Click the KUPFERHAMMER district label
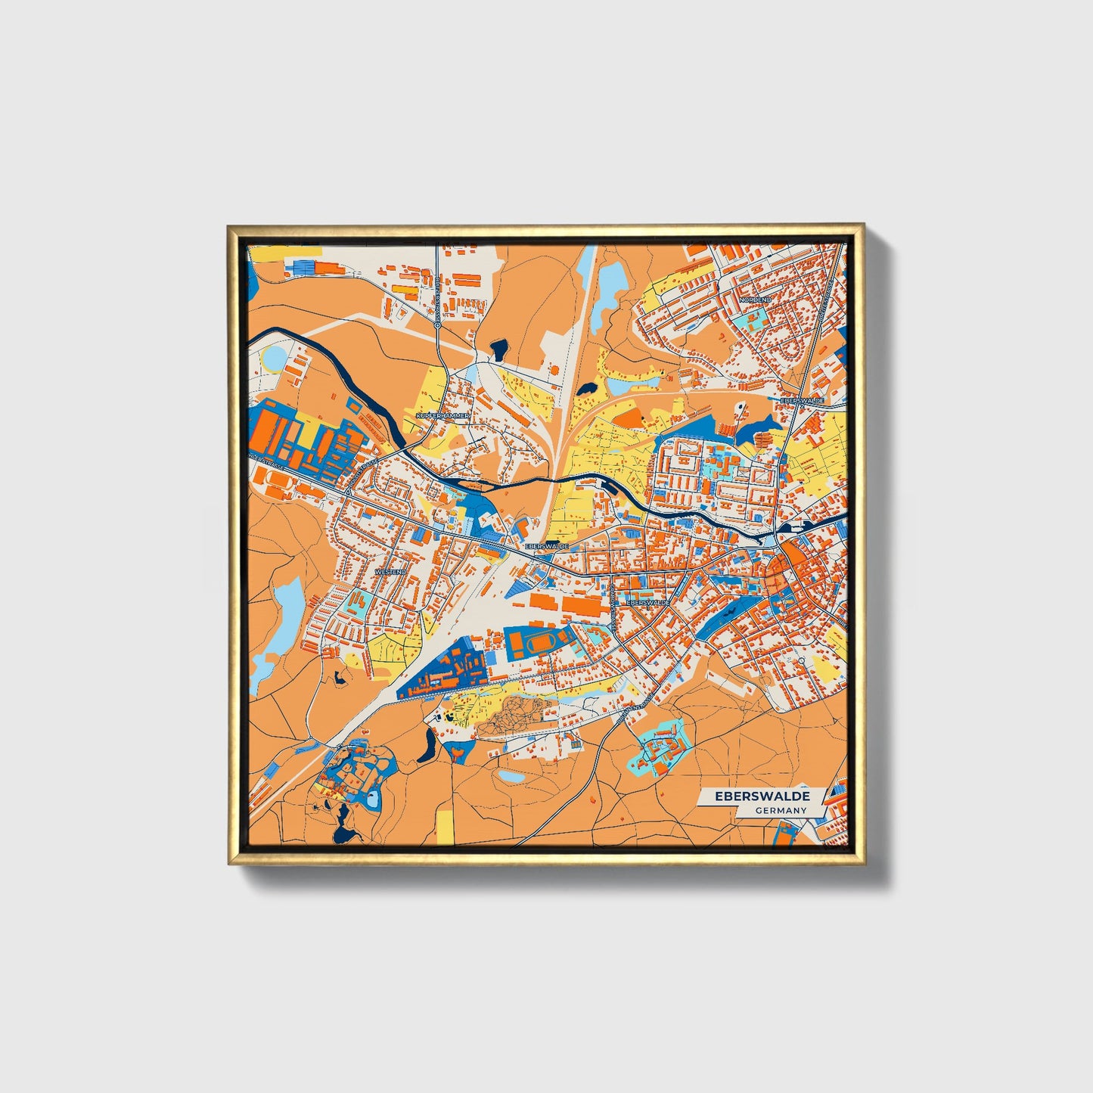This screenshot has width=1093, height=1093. pos(443,416)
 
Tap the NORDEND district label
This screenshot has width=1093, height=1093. pos(754,300)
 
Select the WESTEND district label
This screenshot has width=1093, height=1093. pos(391,572)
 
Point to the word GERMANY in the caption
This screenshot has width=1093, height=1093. pos(781,810)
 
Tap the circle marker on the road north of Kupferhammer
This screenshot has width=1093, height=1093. pos(438,325)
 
